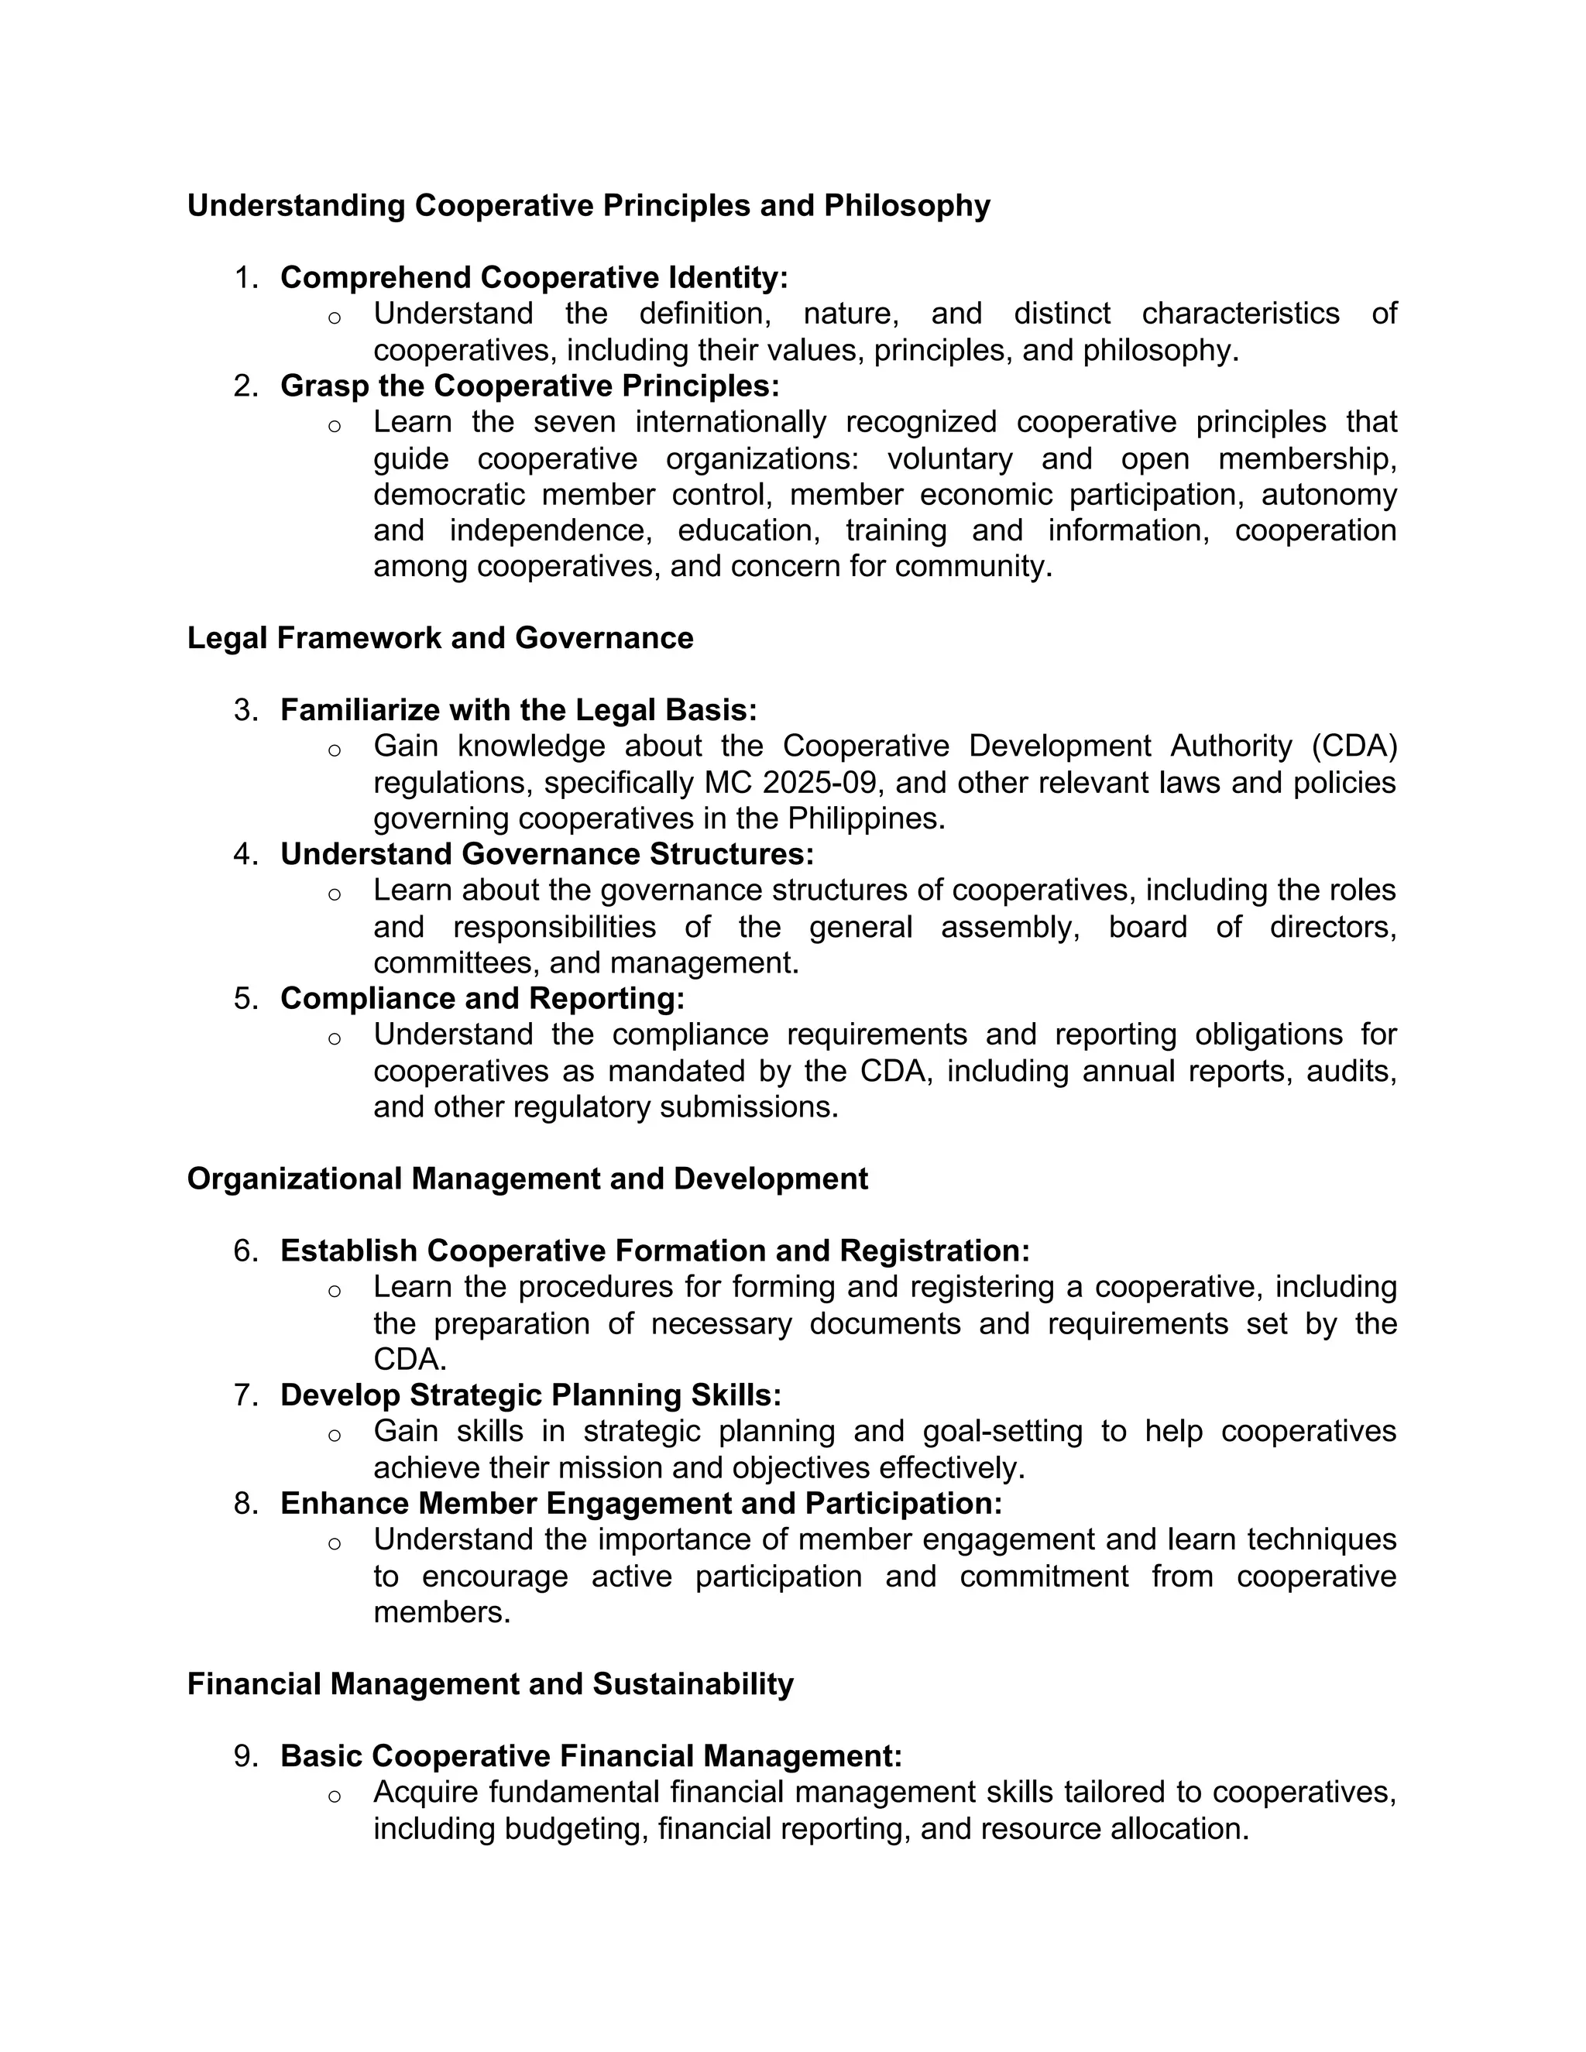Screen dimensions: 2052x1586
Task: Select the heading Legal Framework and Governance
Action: tap(440, 638)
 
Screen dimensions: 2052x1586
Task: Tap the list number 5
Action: tap(244, 999)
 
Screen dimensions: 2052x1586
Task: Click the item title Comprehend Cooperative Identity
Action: tap(534, 278)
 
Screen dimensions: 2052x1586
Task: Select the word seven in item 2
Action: tap(574, 422)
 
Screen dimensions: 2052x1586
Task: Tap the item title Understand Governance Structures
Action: tap(547, 854)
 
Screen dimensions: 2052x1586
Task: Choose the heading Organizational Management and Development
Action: tap(527, 1179)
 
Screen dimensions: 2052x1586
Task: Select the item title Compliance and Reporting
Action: tap(482, 999)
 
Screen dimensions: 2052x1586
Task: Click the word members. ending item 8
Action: tap(441, 1612)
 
